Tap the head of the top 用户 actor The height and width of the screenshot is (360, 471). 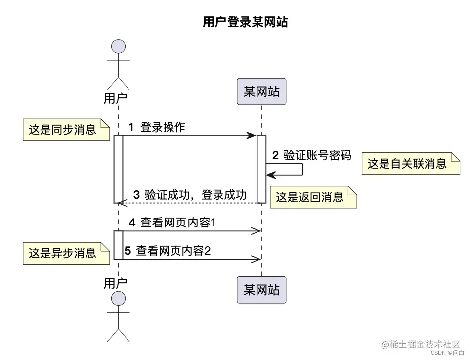(118, 47)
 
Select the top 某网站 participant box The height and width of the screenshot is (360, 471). (261, 91)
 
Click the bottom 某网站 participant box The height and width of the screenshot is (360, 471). (261, 289)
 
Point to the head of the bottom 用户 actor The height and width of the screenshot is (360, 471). (118, 299)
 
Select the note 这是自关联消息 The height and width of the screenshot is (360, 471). (410, 163)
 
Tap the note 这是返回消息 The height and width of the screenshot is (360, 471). (313, 197)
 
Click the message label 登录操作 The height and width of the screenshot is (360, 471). (163, 127)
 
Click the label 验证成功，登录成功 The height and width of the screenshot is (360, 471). (195, 194)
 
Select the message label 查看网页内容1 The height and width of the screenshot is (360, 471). (177, 223)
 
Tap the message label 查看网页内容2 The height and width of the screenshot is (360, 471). (173, 251)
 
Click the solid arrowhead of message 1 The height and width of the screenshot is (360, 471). (252, 135)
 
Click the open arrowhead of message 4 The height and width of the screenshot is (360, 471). (256, 231)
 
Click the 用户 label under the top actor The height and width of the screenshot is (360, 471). (115, 98)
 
